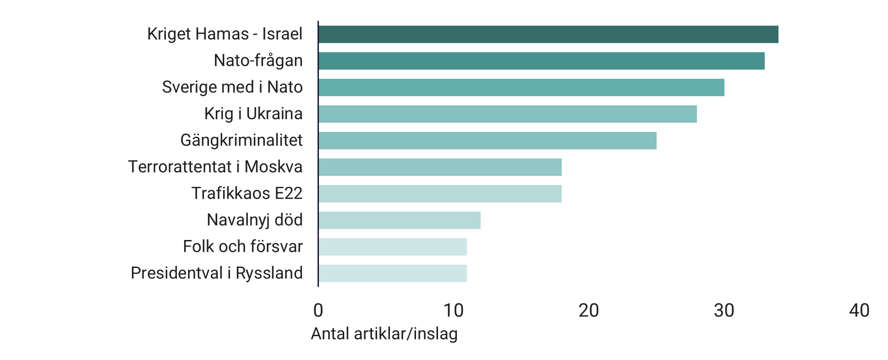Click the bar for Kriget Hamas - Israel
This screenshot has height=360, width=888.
click(548, 34)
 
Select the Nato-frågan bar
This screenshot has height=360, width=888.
click(541, 61)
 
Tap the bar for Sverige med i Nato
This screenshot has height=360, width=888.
click(521, 87)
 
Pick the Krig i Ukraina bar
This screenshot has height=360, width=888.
click(507, 114)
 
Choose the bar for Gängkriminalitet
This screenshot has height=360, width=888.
click(487, 141)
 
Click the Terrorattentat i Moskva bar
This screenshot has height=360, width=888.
click(440, 167)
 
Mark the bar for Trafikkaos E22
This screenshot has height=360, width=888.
click(440, 194)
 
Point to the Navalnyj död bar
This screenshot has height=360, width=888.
click(399, 220)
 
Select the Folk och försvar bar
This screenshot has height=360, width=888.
click(393, 247)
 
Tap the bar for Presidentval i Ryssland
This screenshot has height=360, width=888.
click(393, 273)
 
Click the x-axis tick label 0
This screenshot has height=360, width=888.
click(318, 311)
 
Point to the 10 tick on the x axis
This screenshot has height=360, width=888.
click(453, 311)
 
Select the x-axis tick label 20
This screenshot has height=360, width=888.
click(589, 311)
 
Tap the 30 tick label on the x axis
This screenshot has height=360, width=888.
click(724, 311)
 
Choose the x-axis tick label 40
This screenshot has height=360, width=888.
click(859, 311)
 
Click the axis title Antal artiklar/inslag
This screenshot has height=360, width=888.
click(384, 334)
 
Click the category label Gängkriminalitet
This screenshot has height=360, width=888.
click(241, 140)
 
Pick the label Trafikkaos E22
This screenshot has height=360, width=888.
click(247, 193)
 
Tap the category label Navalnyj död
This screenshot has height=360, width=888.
click(254, 220)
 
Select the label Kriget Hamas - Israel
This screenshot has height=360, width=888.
click(225, 34)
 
